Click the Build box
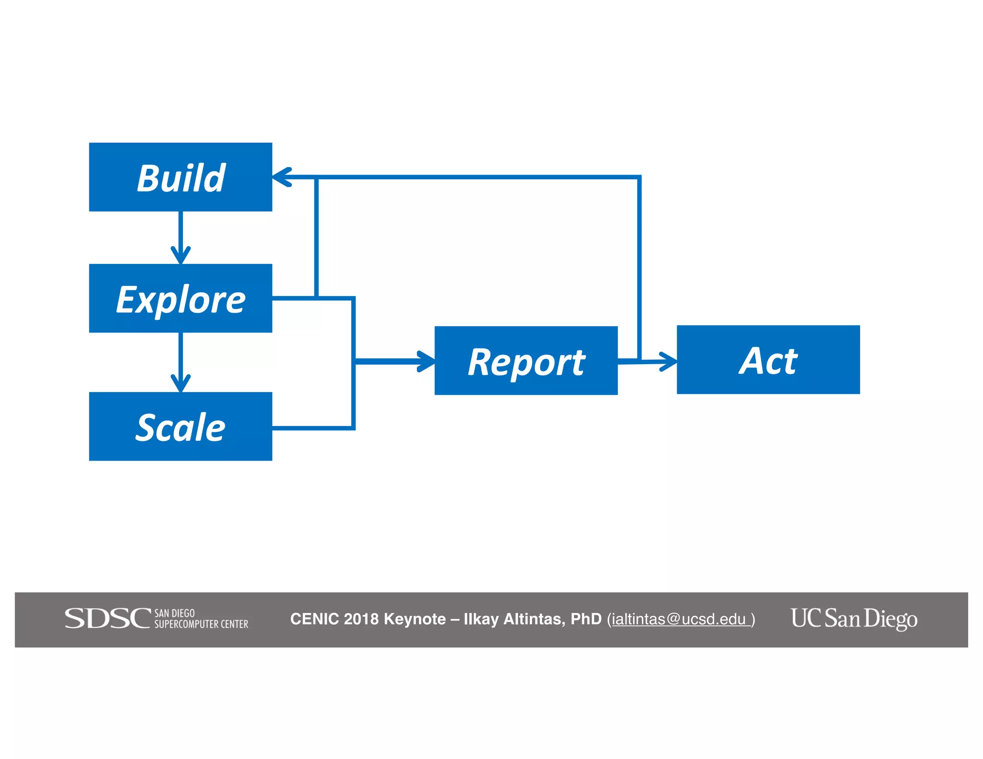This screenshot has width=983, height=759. point(180,177)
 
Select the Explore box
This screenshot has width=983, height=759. point(180,298)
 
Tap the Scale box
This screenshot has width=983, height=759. point(180,427)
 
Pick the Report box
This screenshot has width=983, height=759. point(526,361)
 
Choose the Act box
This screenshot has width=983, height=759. point(768,360)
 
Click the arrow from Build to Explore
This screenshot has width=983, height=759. point(180,237)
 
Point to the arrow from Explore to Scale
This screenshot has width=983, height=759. point(180,362)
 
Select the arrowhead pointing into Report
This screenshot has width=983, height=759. point(426,361)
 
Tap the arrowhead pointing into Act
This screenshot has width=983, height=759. point(668,361)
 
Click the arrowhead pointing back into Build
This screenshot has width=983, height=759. point(282,177)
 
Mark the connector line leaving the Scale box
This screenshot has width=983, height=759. point(312,427)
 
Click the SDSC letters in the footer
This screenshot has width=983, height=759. point(108,618)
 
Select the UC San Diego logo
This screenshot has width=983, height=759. point(854,618)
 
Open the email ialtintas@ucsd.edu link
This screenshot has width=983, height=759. point(679,619)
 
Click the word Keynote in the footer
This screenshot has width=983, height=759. point(415,619)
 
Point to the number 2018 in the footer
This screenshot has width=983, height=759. point(361,619)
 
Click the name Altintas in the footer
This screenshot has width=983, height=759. point(533,619)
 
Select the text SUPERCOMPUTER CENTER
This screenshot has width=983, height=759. point(201,624)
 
